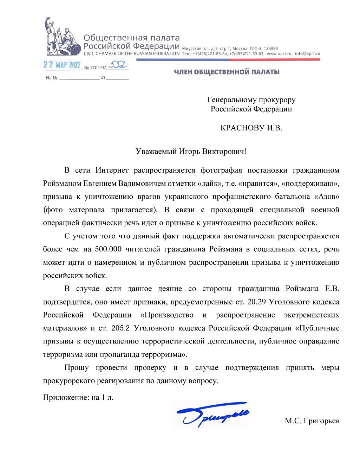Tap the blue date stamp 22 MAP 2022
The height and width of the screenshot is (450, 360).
pos(62,65)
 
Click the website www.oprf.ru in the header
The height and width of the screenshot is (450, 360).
pos(280,54)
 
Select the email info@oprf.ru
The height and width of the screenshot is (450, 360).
pos(308,54)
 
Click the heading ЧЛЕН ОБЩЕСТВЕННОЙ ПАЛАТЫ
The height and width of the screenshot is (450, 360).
pos(227,72)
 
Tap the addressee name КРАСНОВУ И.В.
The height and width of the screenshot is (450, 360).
pos(251,128)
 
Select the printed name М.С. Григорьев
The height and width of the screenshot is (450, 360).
pos(312,420)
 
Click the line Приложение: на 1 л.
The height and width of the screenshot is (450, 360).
pos(78,398)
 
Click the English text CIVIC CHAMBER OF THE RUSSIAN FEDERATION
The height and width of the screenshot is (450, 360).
pos(131,54)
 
